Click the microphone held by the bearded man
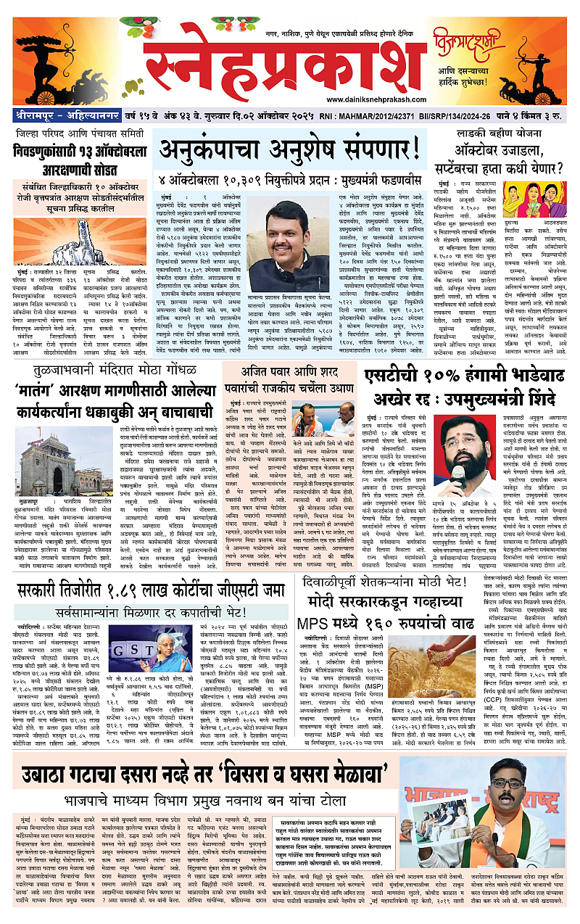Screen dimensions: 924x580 pos(459,477)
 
